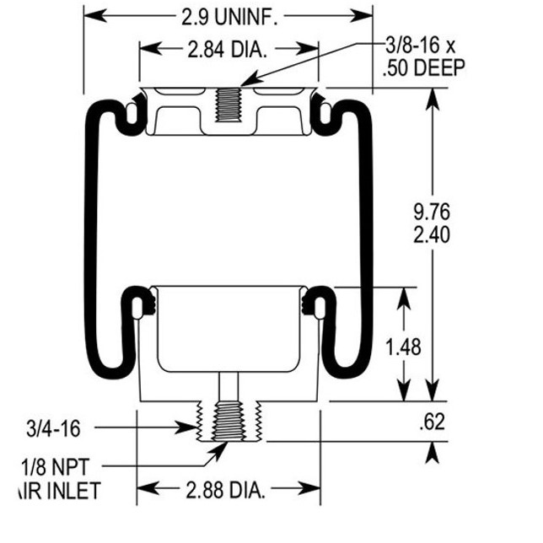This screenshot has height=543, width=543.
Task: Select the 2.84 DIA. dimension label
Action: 227,50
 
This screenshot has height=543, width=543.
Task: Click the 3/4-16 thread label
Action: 51,428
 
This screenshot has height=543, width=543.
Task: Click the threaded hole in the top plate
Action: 228,106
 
